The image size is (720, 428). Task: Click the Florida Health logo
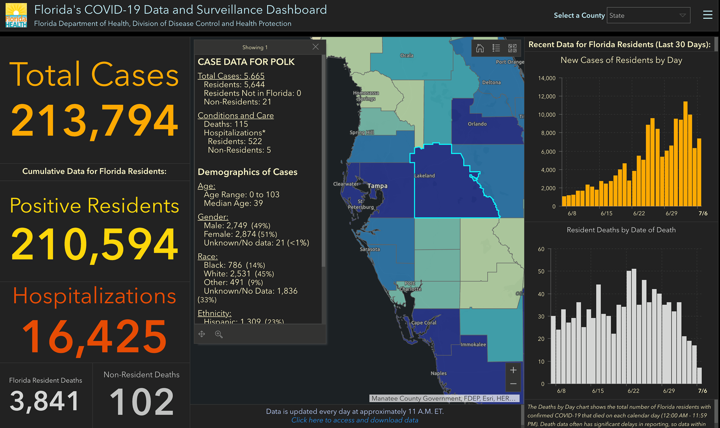(x=16, y=15)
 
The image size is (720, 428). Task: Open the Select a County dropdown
(x=649, y=15)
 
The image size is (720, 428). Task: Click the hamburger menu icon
(x=708, y=15)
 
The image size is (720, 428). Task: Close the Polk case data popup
(x=316, y=47)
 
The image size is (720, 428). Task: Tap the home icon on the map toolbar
(x=480, y=48)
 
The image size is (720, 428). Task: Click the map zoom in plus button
(x=513, y=370)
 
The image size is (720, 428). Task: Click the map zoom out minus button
(x=513, y=384)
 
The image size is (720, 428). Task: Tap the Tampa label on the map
(x=377, y=186)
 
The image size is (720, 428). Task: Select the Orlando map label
(x=477, y=124)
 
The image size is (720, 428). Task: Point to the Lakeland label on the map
(x=425, y=176)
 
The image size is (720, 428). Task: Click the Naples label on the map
(x=439, y=374)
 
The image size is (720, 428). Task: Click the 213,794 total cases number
(x=95, y=121)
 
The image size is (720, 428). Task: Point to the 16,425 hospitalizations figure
(x=94, y=336)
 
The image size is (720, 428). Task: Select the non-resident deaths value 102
(x=142, y=401)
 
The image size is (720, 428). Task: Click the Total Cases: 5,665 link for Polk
(x=231, y=76)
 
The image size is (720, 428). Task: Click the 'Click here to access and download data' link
(x=355, y=420)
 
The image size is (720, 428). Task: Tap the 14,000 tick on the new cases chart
(x=547, y=78)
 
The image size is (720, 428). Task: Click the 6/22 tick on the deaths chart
(x=633, y=391)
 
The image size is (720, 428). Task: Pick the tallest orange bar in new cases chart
(x=686, y=154)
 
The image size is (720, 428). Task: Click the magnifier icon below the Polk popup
(x=219, y=334)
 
